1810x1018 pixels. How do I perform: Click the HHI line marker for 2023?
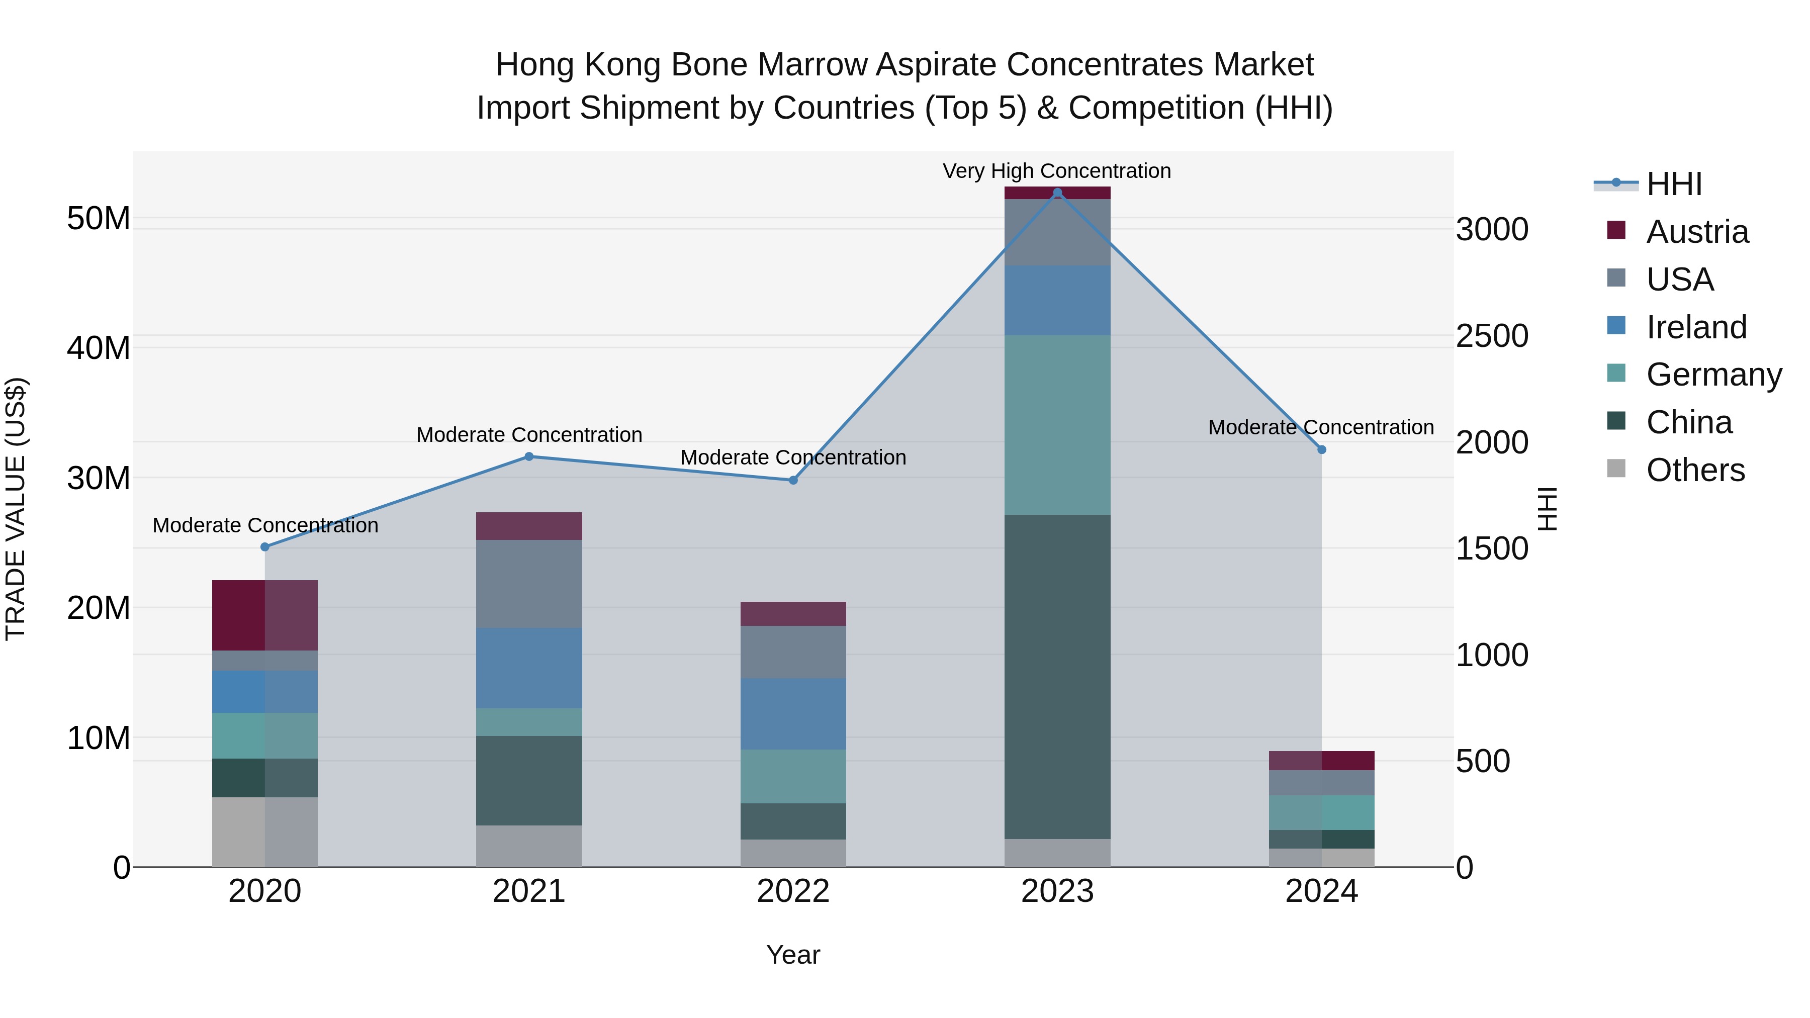tap(1057, 193)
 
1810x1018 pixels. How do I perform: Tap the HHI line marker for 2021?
tap(529, 456)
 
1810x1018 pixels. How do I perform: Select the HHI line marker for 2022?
tap(793, 481)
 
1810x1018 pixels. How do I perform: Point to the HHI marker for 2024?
tap(1322, 449)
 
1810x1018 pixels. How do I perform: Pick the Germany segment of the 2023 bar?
tap(1057, 424)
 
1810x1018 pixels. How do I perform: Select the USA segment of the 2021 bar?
tap(529, 583)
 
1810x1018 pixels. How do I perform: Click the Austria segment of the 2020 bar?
tap(265, 615)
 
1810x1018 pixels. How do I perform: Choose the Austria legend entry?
tap(1697, 232)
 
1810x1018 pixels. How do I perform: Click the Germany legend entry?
tap(1714, 375)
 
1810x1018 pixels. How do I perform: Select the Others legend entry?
tap(1695, 470)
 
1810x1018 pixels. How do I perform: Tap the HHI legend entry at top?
tap(1674, 184)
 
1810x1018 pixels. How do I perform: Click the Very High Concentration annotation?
tap(1057, 171)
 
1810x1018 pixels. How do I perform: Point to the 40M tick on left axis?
tap(99, 348)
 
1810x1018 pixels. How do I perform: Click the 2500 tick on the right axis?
tap(1492, 336)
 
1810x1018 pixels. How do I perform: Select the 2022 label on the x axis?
tap(793, 891)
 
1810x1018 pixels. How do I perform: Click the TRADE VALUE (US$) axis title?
tap(16, 509)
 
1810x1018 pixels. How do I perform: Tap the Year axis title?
tap(793, 955)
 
